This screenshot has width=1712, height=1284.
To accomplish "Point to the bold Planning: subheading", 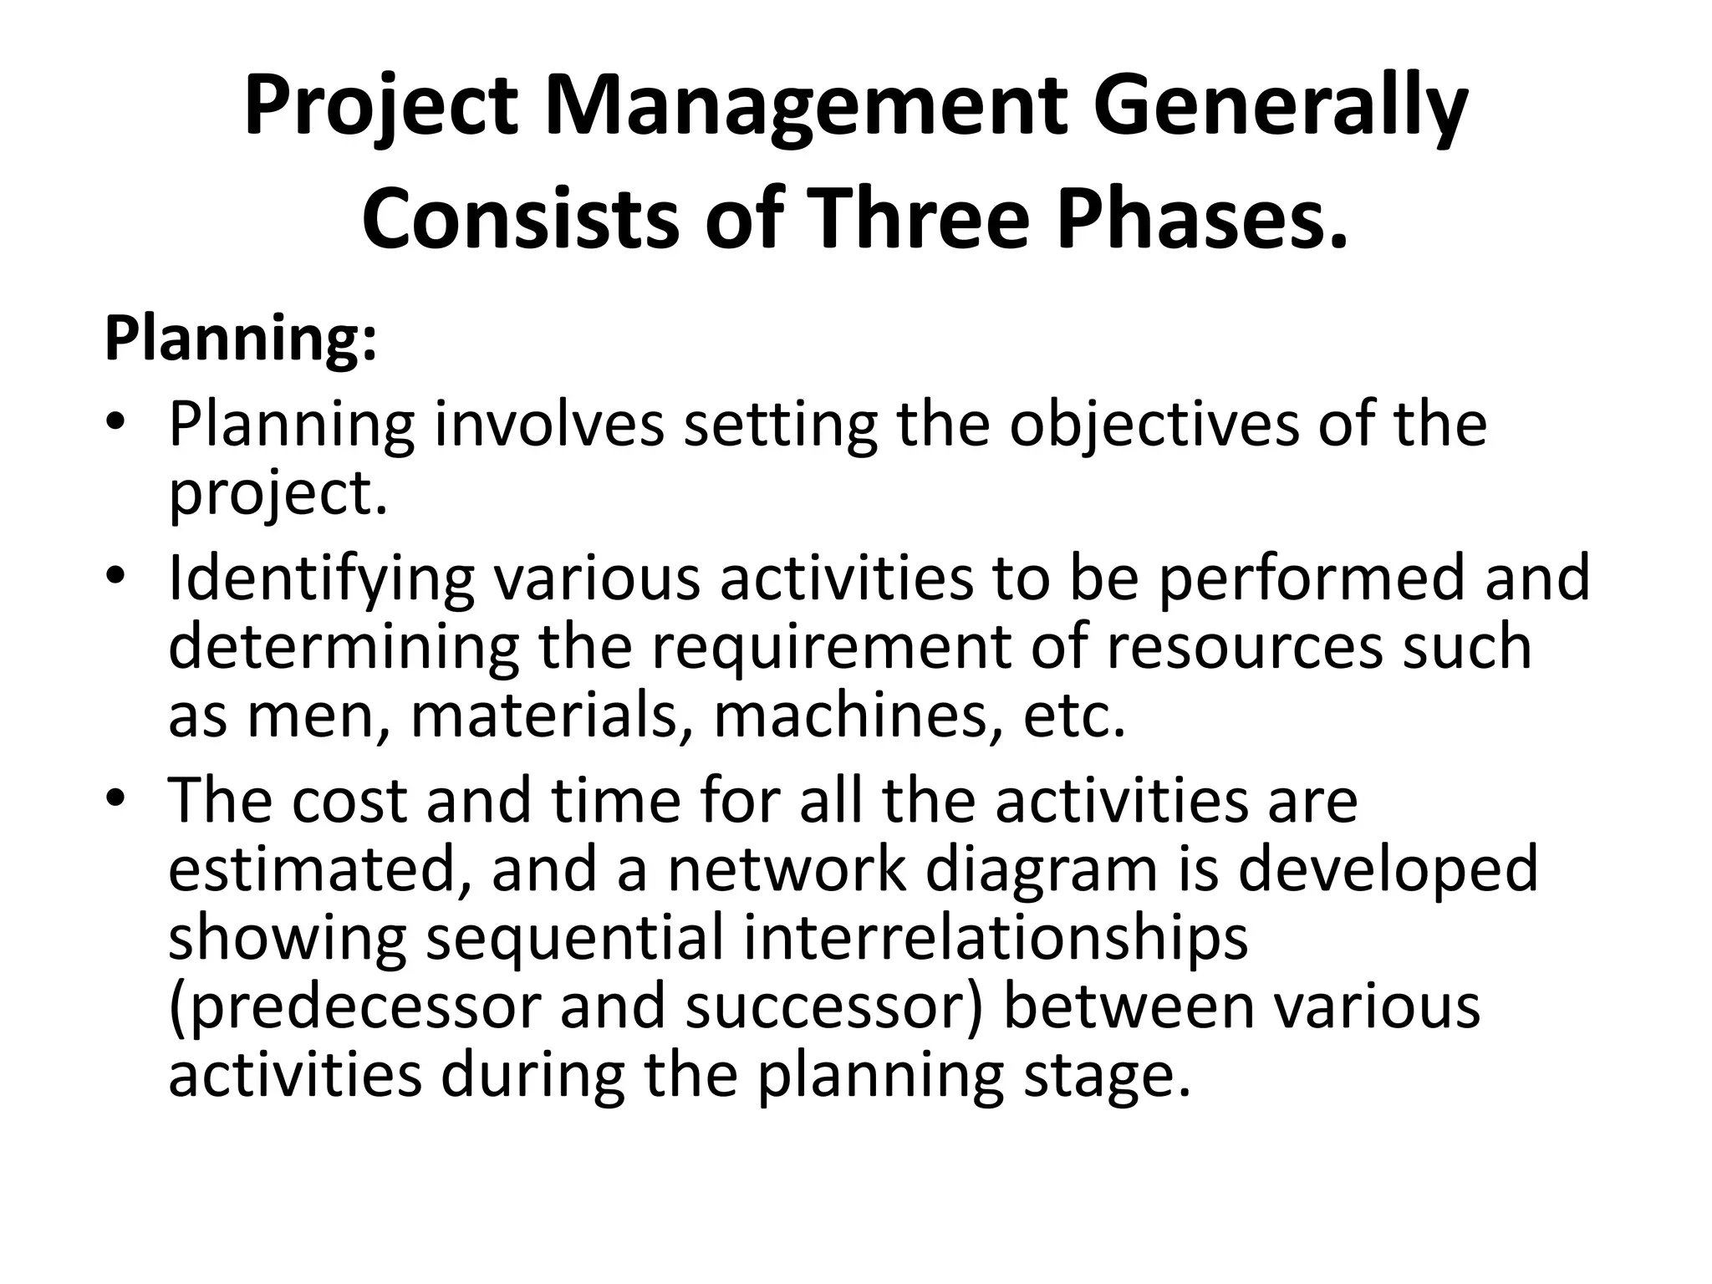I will (241, 339).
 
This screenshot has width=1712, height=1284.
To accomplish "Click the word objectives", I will (1154, 425).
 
